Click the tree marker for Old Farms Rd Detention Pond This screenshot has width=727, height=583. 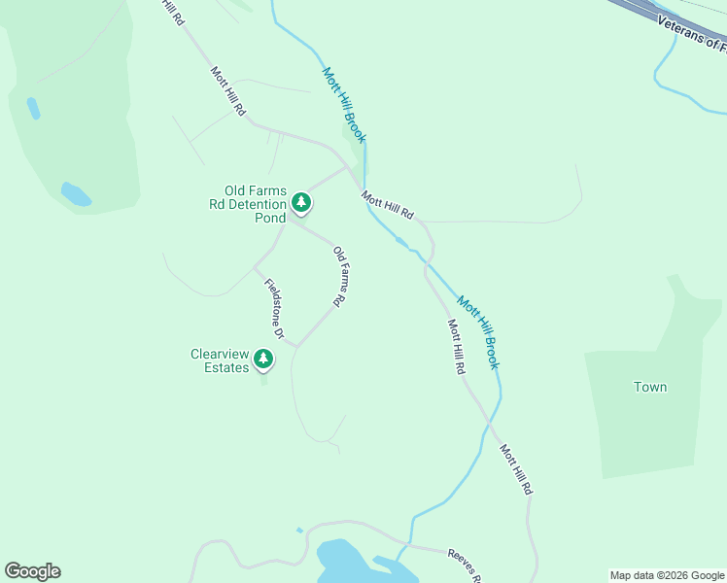[301, 202]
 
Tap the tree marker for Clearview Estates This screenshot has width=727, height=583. [262, 360]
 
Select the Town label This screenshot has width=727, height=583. [650, 387]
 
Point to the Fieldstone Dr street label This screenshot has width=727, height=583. [273, 309]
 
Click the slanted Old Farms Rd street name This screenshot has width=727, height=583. [339, 277]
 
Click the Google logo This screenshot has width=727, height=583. [32, 571]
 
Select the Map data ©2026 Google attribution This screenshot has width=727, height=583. [667, 575]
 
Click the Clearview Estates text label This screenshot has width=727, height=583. [220, 361]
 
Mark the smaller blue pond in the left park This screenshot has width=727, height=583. [33, 108]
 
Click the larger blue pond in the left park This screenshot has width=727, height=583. [76, 194]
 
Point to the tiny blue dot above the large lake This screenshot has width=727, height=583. [299, 530]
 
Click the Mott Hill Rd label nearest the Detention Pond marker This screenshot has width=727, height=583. [388, 205]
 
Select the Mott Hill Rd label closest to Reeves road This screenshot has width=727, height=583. [516, 470]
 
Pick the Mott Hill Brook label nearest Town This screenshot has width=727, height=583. [478, 332]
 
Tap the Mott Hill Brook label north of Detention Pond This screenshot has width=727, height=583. [344, 105]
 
